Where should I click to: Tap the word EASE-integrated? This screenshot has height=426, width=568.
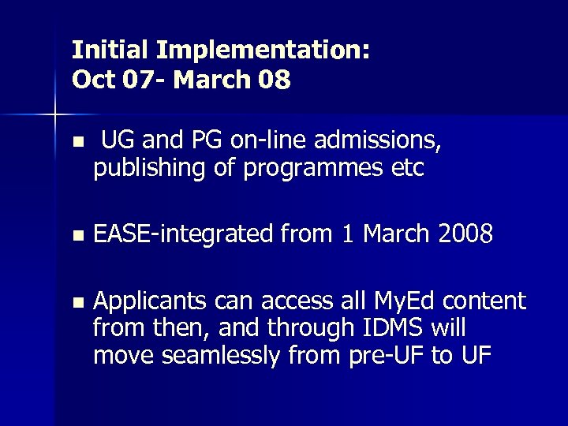tap(183, 234)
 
